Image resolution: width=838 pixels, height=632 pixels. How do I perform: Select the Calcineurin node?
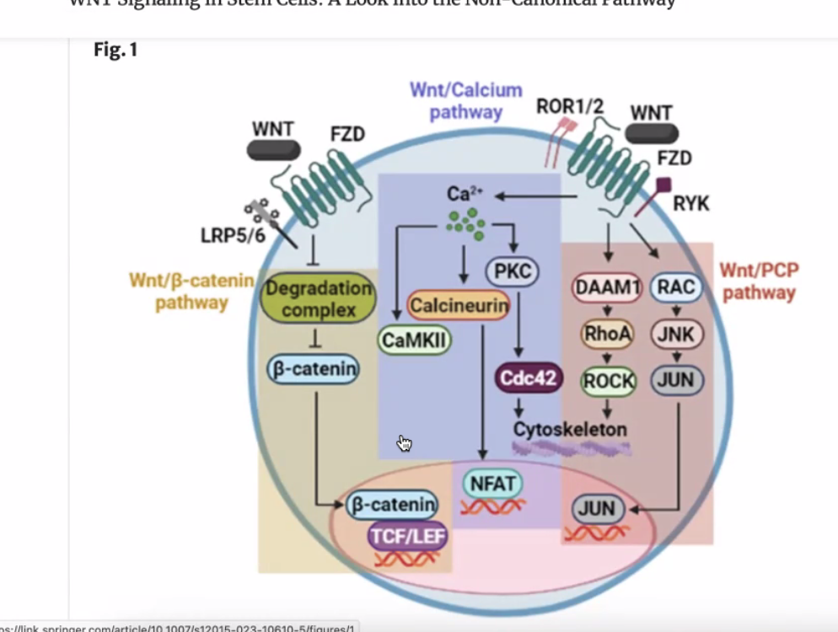tap(459, 305)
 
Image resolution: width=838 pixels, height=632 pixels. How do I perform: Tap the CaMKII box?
tap(414, 340)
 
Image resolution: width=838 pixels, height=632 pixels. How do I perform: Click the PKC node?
tap(513, 270)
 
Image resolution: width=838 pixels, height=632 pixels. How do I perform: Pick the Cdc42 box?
tap(528, 378)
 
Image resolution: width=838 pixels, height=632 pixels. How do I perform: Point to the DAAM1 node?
tap(608, 288)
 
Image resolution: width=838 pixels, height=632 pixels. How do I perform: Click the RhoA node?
tap(608, 334)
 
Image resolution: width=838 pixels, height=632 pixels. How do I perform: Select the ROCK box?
tap(609, 380)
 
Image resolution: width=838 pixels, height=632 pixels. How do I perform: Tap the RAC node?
tap(676, 288)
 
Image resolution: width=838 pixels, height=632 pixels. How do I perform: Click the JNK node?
tap(676, 334)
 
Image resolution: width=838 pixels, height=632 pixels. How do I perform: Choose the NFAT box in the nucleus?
tap(492, 484)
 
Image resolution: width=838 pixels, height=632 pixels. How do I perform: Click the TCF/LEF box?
tap(408, 536)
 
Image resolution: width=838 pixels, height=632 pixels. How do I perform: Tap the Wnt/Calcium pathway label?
tap(466, 100)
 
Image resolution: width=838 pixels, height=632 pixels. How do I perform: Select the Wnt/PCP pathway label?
tap(759, 282)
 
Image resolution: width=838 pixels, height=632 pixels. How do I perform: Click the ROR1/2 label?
tap(570, 106)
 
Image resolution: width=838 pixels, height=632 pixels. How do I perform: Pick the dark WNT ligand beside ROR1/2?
tap(652, 133)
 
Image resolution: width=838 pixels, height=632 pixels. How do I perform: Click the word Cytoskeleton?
tap(570, 429)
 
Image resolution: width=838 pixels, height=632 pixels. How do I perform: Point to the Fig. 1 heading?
tap(115, 51)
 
